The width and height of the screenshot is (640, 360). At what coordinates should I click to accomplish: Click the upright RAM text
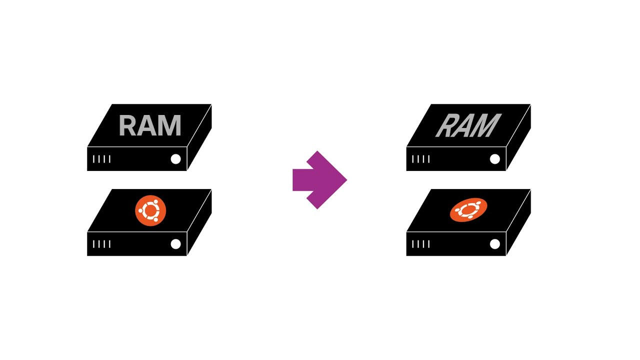[x=150, y=125]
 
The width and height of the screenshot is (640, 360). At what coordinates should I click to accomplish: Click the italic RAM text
[x=468, y=125]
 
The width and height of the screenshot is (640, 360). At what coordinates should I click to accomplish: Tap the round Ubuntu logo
[x=150, y=210]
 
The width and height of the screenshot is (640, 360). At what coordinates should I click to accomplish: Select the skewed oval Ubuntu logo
[x=468, y=210]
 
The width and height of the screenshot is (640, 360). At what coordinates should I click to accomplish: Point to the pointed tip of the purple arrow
[x=347, y=180]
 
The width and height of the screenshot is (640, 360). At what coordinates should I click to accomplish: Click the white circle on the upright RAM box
[x=175, y=159]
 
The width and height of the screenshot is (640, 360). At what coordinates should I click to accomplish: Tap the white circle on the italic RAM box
[x=495, y=159]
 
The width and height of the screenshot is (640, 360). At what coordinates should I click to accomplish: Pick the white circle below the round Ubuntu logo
[x=175, y=244]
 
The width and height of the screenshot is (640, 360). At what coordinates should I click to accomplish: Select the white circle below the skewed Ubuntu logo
[x=495, y=244]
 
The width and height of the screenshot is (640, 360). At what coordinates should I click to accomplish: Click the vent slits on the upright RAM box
[x=101, y=159]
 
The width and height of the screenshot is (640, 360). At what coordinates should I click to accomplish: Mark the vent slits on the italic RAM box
[x=421, y=159]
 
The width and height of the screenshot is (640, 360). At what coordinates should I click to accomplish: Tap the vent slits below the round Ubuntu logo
[x=101, y=244]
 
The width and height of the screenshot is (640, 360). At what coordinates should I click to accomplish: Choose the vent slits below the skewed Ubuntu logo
[x=421, y=244]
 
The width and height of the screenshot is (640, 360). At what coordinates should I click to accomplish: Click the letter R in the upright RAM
[x=128, y=125]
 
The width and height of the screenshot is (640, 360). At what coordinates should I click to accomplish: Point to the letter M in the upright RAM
[x=170, y=125]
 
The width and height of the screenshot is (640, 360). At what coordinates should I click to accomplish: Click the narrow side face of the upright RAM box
[x=199, y=137]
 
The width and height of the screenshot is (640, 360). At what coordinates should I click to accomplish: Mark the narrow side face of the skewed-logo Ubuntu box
[x=518, y=222]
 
